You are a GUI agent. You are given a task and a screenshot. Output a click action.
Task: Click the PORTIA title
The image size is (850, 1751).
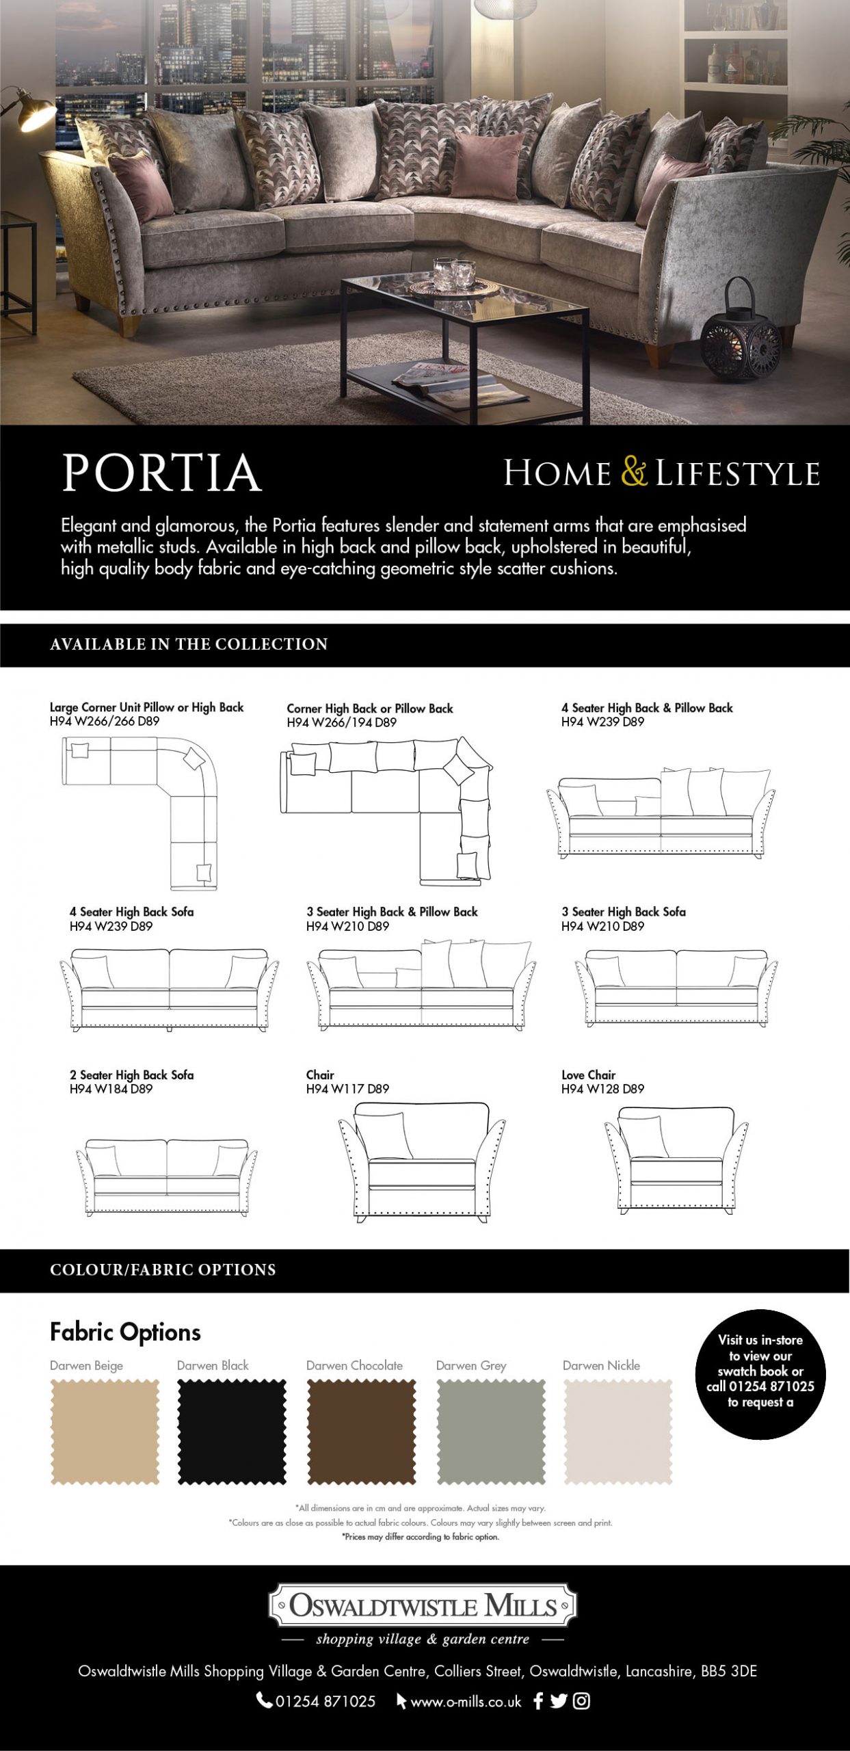pos(162,473)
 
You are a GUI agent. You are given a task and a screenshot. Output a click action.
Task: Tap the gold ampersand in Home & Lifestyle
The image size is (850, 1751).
pos(634,472)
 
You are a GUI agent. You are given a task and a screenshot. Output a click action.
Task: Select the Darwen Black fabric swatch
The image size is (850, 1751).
pos(232,1432)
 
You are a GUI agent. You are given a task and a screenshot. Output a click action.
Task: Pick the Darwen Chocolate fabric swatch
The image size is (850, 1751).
pos(361,1432)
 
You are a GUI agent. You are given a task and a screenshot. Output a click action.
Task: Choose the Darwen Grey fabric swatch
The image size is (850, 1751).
pos(491,1432)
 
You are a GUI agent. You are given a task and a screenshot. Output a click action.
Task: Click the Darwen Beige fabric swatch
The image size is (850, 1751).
pos(105,1432)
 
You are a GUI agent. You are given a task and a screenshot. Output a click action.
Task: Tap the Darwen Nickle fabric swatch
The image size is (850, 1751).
pos(618,1432)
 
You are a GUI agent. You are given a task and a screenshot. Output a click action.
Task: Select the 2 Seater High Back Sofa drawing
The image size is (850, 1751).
pos(167,1176)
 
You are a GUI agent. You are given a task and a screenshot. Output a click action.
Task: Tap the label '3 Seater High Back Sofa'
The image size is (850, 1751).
pos(623,912)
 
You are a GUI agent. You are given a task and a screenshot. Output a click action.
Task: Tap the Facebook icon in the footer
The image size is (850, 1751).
pos(538,1701)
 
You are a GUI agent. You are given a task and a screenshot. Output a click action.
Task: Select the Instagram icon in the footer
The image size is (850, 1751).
pos(581,1701)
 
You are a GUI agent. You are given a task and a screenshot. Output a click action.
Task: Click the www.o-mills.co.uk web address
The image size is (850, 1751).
pos(465,1702)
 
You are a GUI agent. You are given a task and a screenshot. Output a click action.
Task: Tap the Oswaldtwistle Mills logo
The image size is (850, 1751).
pos(423,1605)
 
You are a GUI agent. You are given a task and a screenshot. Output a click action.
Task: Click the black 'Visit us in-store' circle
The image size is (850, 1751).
pos(760,1374)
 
